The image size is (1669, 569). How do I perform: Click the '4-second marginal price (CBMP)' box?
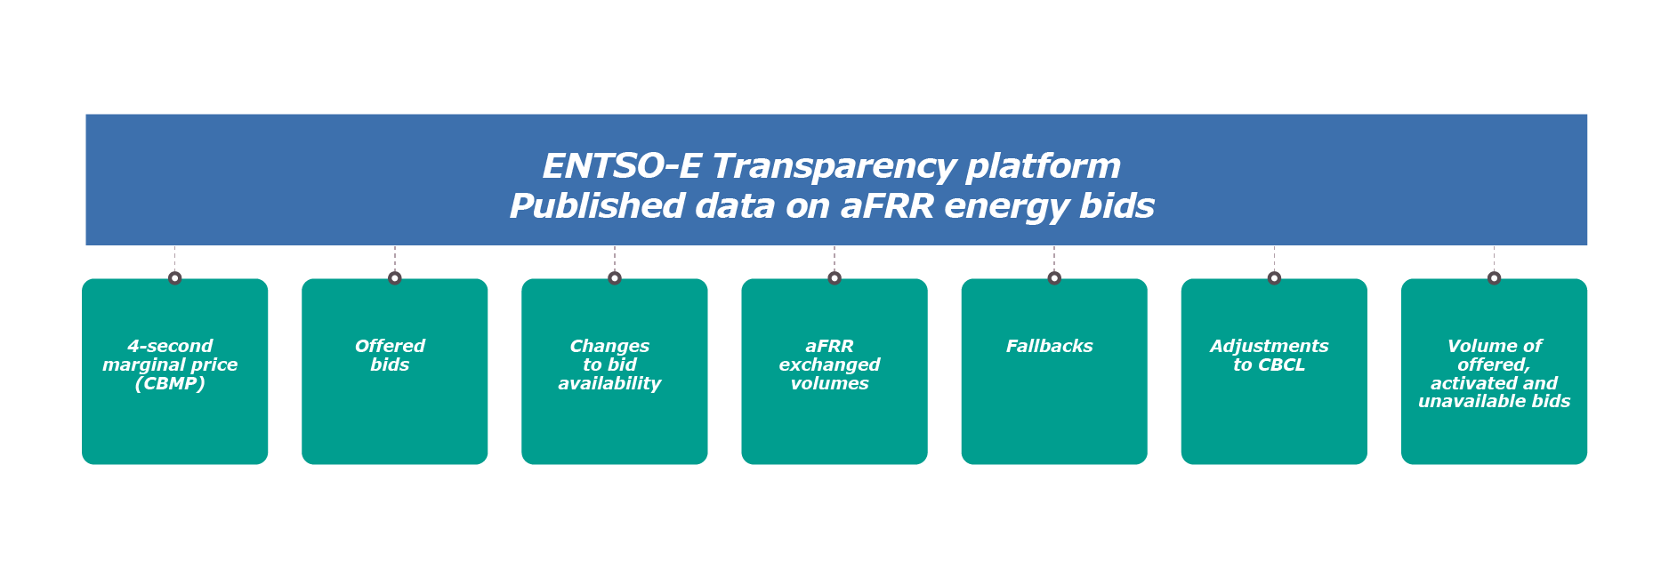(x=174, y=372)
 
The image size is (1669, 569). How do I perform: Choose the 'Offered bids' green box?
(x=394, y=372)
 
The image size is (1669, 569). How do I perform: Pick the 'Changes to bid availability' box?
(x=614, y=372)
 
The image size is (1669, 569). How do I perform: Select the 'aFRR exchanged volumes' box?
(x=834, y=372)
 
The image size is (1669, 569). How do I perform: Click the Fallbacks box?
(x=1054, y=372)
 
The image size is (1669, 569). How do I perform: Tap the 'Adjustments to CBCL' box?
(x=1274, y=372)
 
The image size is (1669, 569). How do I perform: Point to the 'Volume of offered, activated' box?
(x=1494, y=372)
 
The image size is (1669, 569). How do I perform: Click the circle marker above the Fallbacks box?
(x=1054, y=278)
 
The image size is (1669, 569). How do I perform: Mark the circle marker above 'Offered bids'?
(x=395, y=278)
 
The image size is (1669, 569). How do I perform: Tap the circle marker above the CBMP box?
(x=174, y=278)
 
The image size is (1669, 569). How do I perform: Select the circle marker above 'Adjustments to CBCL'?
(x=1274, y=278)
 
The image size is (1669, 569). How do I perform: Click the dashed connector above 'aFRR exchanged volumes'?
(x=834, y=259)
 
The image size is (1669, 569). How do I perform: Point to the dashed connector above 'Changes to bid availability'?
(x=614, y=259)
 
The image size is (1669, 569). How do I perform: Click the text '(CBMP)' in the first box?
(x=170, y=384)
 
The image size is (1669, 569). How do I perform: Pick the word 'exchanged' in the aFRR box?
(x=829, y=365)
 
